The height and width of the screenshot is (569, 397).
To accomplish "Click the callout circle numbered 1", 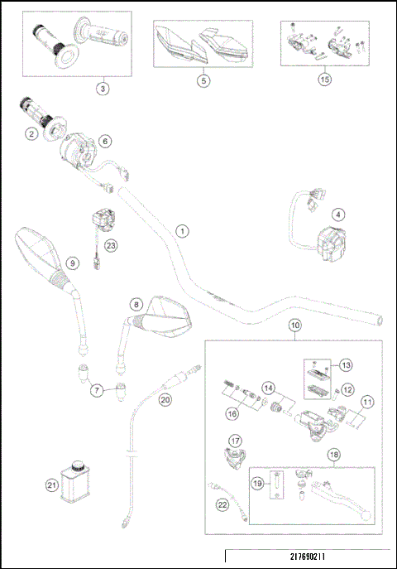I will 182,231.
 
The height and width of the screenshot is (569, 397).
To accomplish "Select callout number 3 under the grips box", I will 102,87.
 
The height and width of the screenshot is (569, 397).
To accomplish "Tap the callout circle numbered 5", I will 203,80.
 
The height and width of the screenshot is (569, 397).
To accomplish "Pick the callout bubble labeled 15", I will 325,80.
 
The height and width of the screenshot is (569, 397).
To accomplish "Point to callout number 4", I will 338,213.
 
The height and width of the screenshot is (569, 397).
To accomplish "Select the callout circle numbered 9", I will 73,263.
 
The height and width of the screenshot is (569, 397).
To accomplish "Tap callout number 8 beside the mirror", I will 136,305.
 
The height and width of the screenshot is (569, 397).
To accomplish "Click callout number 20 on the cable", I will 165,399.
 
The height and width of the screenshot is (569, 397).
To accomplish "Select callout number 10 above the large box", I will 295,325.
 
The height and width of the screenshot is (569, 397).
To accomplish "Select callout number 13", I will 346,364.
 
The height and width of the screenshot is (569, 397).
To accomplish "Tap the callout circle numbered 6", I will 104,142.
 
